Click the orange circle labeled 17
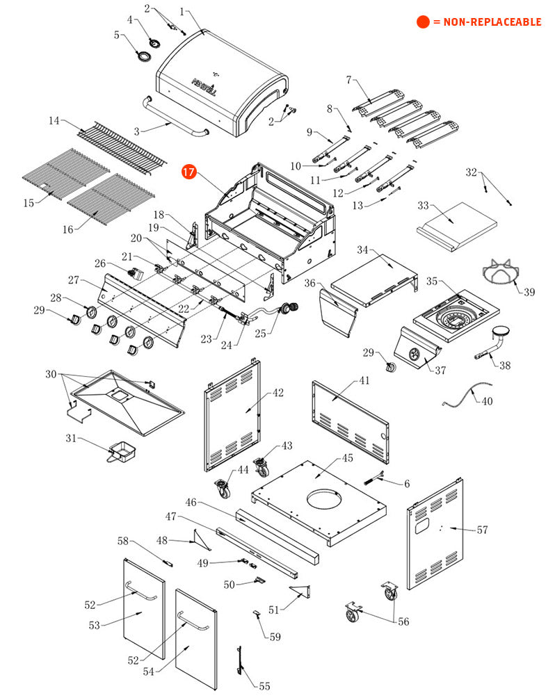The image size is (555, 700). (189, 172)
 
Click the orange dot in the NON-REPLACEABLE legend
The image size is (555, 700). (423, 22)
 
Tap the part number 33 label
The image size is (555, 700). (423, 205)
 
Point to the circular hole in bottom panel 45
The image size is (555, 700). (323, 498)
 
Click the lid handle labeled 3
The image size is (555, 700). (174, 117)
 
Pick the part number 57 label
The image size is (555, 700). (482, 530)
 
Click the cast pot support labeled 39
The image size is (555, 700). (501, 271)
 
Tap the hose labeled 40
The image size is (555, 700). (467, 393)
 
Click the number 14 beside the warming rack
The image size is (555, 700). (54, 120)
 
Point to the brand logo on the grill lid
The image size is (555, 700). (204, 87)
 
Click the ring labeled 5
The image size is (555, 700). (144, 57)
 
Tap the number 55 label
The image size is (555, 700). (264, 686)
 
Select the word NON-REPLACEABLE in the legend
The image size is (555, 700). (492, 22)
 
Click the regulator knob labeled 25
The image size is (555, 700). (289, 307)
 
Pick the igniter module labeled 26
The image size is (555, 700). (136, 273)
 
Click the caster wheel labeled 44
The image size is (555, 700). (223, 489)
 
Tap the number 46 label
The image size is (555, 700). (191, 503)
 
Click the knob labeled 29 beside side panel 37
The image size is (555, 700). (391, 368)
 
